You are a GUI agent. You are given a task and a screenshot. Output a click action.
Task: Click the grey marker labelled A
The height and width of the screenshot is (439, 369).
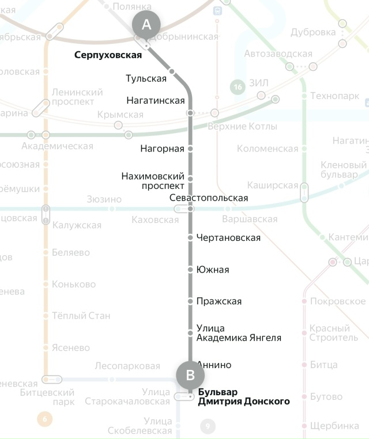pyautogui.click(x=146, y=25)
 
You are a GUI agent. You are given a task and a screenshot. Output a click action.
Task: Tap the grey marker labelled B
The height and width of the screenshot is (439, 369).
pyautogui.click(x=190, y=376)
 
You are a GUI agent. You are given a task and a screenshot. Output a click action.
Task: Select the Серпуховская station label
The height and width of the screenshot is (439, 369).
pyautogui.click(x=108, y=55)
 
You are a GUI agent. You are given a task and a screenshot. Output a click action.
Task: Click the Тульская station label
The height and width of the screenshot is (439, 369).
pyautogui.click(x=146, y=78)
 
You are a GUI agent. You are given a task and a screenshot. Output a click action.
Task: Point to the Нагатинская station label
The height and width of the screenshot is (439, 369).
pyautogui.click(x=155, y=100)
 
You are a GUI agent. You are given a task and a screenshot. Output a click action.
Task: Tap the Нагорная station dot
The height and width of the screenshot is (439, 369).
pyautogui.click(x=190, y=149)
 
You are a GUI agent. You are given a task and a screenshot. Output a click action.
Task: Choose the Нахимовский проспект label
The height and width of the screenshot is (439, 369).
pyautogui.click(x=153, y=180)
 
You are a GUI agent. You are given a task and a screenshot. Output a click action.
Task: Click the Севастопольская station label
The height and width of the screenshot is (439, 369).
pyautogui.click(x=209, y=198)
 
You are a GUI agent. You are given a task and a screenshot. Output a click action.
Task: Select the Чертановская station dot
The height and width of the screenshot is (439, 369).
pyautogui.click(x=190, y=237)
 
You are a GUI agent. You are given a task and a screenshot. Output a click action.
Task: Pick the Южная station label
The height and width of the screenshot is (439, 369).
pyautogui.click(x=212, y=270)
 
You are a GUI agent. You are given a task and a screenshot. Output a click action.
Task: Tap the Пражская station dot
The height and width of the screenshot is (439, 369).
pyautogui.click(x=190, y=301)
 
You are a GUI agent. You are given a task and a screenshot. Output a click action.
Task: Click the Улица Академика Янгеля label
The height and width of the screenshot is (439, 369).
pyautogui.click(x=239, y=333)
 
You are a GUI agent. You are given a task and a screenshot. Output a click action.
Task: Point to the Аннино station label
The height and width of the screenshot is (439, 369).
pyautogui.click(x=214, y=365)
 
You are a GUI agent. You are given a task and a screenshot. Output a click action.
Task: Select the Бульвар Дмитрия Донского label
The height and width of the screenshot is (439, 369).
pyautogui.click(x=243, y=396)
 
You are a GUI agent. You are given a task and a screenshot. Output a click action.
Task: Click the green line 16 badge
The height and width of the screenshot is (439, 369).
pyautogui.click(x=237, y=87)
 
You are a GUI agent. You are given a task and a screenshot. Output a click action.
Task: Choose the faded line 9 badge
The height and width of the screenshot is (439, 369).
pyautogui.click(x=208, y=427)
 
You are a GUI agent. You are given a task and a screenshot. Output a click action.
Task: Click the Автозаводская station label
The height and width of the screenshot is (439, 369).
pyautogui.click(x=278, y=54)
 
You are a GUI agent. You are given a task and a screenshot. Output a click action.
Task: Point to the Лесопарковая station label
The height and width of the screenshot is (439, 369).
pyautogui.click(x=127, y=366)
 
